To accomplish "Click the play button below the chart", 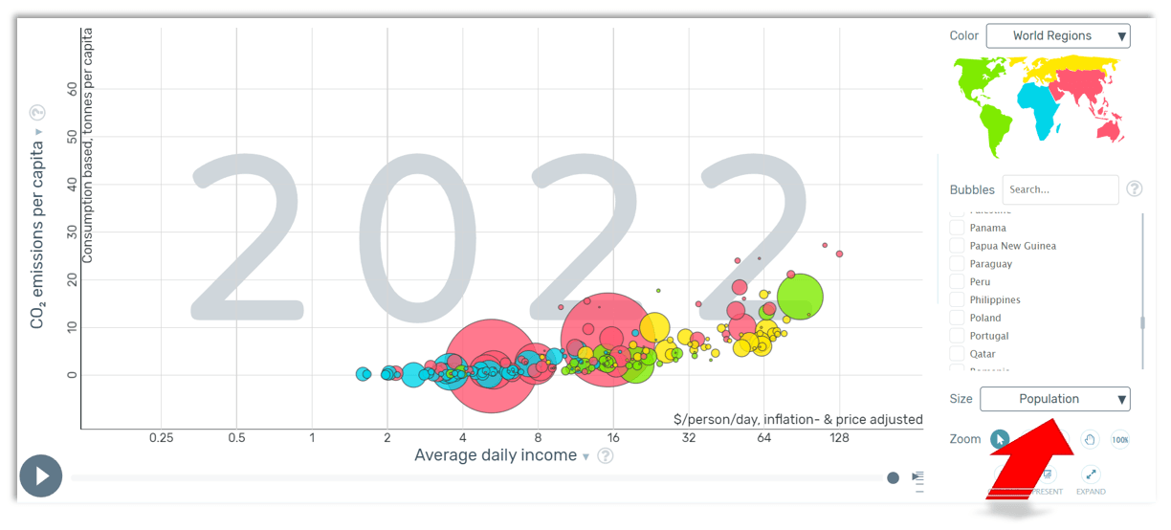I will coord(40,475).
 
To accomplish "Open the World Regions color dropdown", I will coord(1057,36).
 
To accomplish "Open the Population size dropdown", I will coord(1054,399).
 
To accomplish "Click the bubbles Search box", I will coord(1060,189).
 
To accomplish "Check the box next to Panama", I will coord(957,228).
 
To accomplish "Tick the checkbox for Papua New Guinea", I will coord(957,246).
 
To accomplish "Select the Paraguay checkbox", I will coord(957,264).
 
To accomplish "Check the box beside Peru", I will coord(957,282).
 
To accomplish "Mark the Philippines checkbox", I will coord(957,299).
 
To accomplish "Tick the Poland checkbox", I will coord(957,318).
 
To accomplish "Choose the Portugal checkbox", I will coord(957,336).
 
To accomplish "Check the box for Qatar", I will coord(957,354).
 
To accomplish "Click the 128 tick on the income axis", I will coord(839,438).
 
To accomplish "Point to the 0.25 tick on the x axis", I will coord(161,438).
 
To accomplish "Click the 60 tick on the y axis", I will coord(72,88).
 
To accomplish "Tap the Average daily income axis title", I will coord(496,455).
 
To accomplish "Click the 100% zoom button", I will coord(1120,440).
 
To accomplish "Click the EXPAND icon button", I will coord(1091,475).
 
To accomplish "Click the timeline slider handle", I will coord(893,477).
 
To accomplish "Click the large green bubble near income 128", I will coord(801,297).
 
